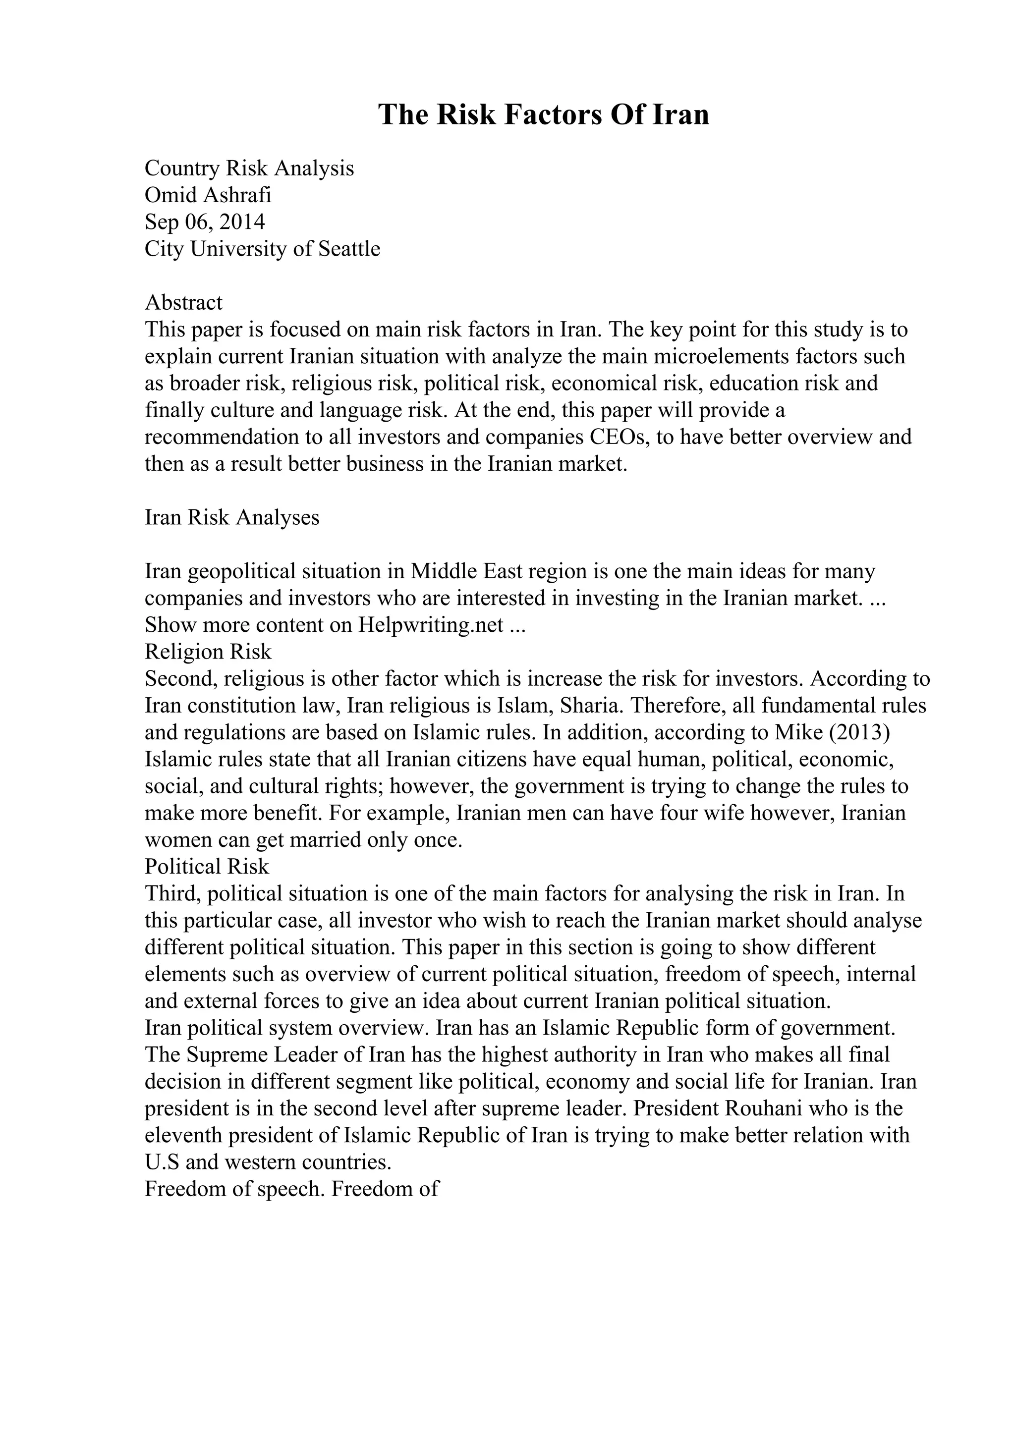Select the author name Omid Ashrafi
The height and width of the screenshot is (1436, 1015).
click(208, 195)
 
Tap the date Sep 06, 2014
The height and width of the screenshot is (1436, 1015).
click(205, 222)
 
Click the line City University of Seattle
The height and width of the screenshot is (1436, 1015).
click(262, 249)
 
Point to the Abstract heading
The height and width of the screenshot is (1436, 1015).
click(183, 303)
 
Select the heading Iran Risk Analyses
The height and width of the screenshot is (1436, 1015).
click(232, 517)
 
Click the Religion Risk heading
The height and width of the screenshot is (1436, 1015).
click(208, 652)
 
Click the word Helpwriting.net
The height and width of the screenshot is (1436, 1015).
click(431, 625)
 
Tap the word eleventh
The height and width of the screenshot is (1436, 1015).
click(182, 1135)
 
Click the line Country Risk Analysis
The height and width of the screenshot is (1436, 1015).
click(249, 168)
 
